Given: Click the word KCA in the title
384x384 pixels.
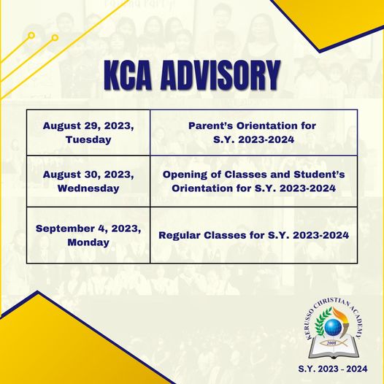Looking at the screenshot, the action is tap(128, 76).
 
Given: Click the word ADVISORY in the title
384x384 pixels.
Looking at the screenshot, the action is tap(220, 76).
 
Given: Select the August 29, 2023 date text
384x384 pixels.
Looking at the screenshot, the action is tap(88, 126).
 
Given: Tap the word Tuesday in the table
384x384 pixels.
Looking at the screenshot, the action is tap(88, 139).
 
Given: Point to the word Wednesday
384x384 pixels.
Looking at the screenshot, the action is tap(88, 188).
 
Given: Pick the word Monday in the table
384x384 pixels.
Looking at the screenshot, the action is tap(88, 242).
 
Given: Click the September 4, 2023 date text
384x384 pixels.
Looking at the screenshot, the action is tap(88, 229).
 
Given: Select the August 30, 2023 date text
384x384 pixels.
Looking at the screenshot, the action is tap(88, 175).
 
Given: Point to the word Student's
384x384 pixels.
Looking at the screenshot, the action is tap(319, 174).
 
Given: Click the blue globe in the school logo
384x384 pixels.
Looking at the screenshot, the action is tap(333, 328).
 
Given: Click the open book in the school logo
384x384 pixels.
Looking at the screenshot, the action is tap(334, 347).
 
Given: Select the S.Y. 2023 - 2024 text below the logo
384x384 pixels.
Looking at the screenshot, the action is tap(333, 369).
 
